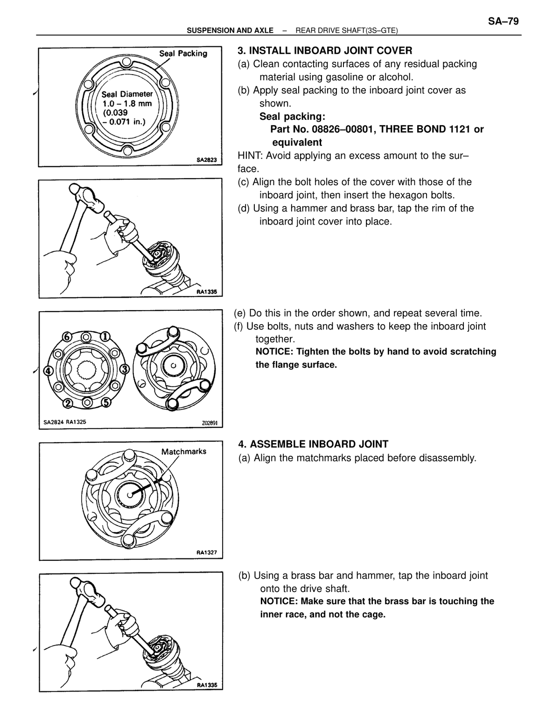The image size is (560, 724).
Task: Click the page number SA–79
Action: pos(503,21)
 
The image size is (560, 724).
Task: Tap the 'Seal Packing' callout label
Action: pos(183,53)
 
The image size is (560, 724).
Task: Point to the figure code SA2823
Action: pos(207,160)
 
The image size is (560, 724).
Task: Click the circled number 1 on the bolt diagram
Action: pos(105,336)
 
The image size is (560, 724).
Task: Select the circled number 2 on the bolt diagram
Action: pos(68,404)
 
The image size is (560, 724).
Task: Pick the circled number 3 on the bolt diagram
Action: pos(125,369)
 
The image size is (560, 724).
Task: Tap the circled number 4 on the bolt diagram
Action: pos(49,370)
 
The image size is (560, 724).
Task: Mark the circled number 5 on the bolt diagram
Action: pos(106,403)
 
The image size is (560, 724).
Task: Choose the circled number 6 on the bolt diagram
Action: pos(67,337)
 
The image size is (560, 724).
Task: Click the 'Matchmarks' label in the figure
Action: pos(183,452)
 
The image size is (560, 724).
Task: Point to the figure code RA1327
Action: pos(207,552)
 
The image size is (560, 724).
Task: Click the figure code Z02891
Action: pos(210,423)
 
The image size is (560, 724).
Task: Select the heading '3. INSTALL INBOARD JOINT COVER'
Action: pos(325,51)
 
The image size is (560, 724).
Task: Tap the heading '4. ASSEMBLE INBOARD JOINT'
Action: pos(313,444)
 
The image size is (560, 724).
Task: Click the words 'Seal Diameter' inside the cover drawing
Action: pos(127,94)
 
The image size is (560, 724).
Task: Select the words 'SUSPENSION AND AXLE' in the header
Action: pos(230,30)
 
